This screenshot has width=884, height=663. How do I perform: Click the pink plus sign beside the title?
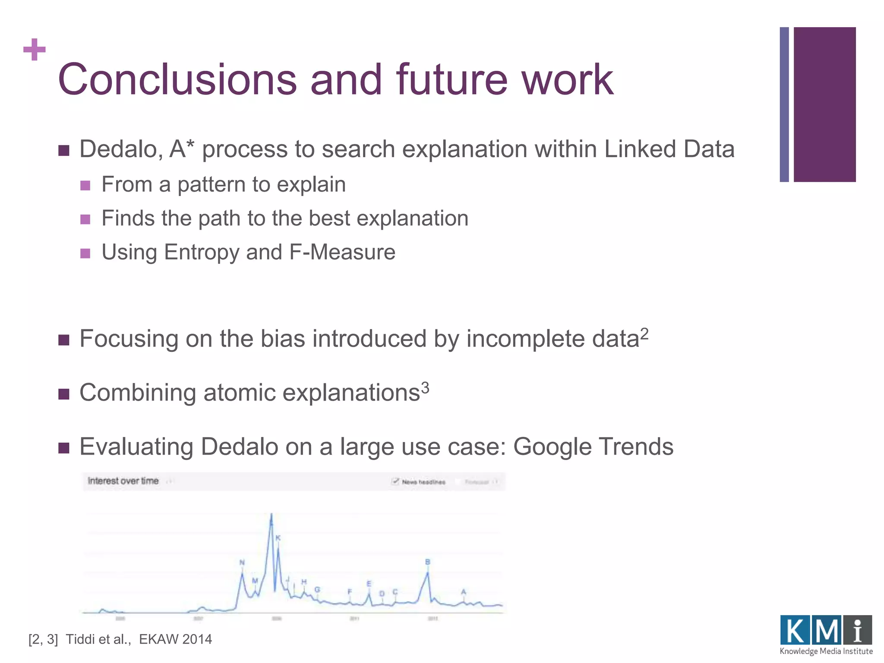pos(35,50)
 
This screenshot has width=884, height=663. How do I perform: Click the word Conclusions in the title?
pos(177,80)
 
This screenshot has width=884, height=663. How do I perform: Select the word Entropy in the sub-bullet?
pos(201,252)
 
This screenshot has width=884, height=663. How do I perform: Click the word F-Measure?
pos(342,252)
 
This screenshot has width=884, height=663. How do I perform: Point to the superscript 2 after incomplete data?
pos(644,333)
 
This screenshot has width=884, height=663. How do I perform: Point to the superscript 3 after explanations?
pos(425,388)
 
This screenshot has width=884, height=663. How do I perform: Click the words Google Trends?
pos(593,447)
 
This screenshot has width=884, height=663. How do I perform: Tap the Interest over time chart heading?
pos(123,481)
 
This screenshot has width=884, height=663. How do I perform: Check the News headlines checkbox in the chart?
pos(395,481)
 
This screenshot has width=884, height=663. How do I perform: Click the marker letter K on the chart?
pos(278,538)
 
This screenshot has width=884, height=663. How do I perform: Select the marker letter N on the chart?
pos(242,562)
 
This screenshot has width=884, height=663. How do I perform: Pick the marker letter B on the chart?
pos(428,562)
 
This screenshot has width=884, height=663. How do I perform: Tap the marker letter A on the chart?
pos(464,592)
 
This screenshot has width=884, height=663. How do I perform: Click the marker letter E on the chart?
pos(369,584)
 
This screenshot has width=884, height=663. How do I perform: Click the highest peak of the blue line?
pos(272,515)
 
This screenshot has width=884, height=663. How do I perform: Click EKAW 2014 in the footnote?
pos(175,639)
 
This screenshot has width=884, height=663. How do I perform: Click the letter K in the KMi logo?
pos(795,631)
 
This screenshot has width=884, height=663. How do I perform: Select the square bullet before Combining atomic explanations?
pos(64,394)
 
